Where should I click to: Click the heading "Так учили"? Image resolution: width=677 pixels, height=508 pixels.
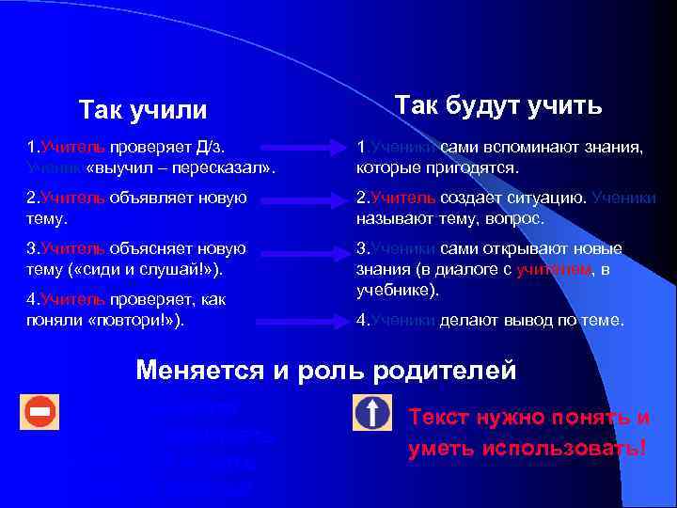pyautogui.click(x=143, y=110)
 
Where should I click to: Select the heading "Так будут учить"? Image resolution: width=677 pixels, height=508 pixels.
pyautogui.click(x=498, y=104)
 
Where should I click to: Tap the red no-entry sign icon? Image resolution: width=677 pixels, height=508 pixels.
pyautogui.click(x=40, y=412)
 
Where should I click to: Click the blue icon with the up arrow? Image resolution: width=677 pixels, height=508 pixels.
pyautogui.click(x=371, y=413)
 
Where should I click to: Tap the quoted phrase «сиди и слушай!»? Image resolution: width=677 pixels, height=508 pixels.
pyautogui.click(x=141, y=269)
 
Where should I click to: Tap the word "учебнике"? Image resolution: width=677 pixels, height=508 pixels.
pyautogui.click(x=395, y=290)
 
